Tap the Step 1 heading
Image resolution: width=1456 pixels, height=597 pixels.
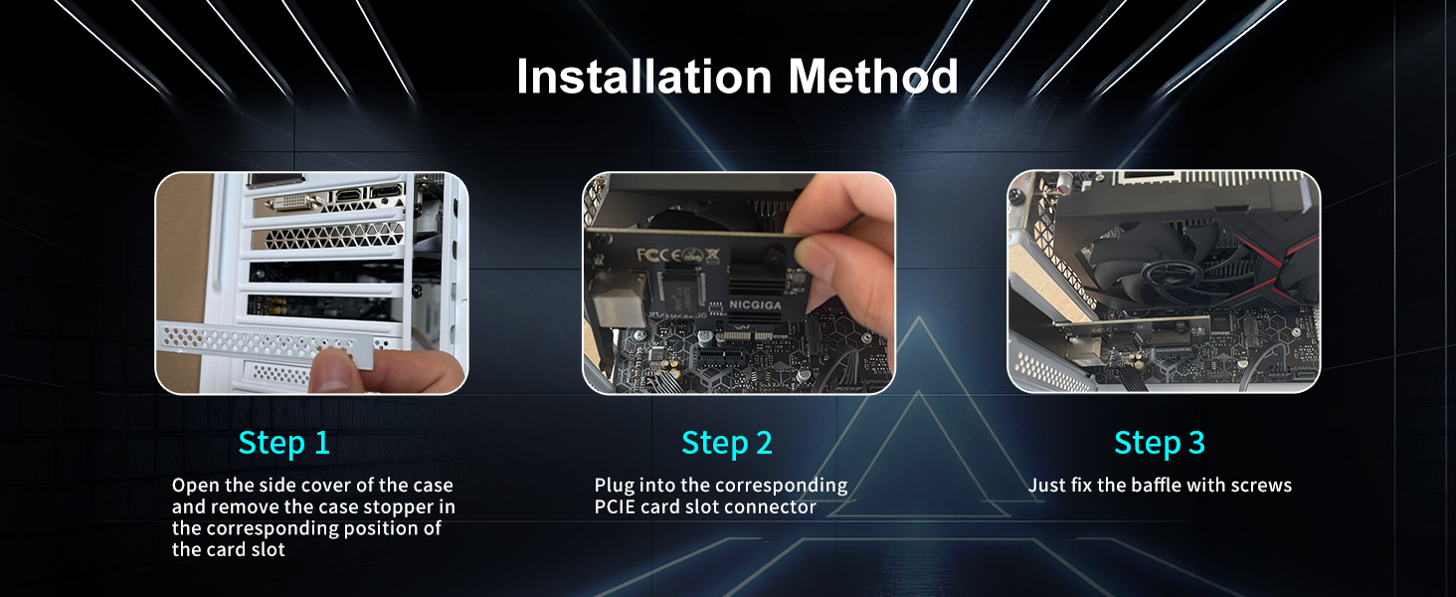tap(283, 443)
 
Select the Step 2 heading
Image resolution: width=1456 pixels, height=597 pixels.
tap(727, 443)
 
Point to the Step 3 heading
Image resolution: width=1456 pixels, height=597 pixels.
tap(1160, 443)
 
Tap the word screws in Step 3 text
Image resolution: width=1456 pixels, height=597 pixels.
tap(1260, 486)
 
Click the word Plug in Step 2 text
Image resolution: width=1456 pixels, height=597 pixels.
tap(615, 486)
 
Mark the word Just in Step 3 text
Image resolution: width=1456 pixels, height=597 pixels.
tap(1047, 486)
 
